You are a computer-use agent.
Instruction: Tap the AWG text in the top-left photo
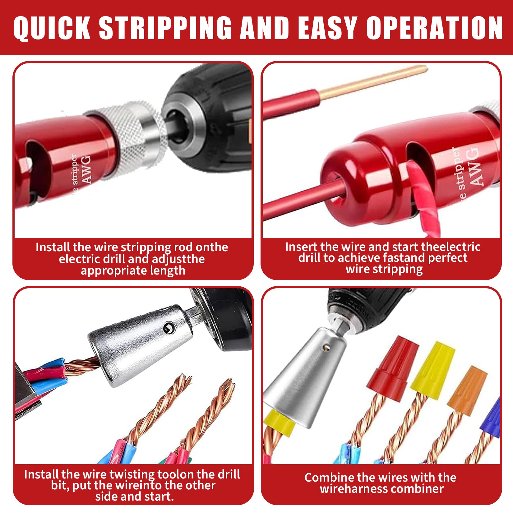[86, 169]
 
